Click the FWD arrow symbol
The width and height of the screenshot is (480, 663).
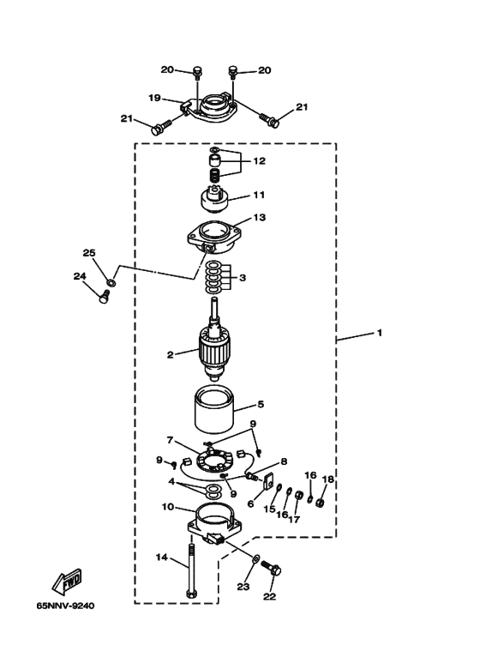67,582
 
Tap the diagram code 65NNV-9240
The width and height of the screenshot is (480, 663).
65,606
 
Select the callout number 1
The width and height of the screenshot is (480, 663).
380,333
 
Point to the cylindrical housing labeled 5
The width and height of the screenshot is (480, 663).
213,411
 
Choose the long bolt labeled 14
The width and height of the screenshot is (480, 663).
191,571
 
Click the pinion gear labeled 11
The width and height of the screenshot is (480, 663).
214,202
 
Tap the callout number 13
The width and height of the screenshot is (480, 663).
260,217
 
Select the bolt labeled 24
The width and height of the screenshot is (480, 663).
104,297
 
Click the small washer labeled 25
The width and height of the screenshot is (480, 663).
111,282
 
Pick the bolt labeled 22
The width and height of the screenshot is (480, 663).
272,570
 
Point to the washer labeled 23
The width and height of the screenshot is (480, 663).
255,559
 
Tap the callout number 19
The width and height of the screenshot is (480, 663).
154,98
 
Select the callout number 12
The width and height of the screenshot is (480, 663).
260,161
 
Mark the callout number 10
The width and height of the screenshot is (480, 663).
168,506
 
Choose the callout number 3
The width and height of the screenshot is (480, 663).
242,278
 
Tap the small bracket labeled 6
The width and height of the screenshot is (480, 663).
267,482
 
